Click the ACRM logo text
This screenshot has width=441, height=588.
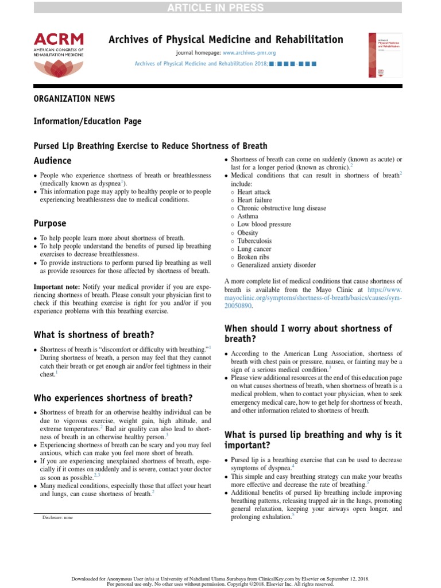[x=59, y=39]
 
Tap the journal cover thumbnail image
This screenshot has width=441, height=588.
[x=385, y=55]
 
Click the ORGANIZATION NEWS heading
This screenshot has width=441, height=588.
[x=74, y=99]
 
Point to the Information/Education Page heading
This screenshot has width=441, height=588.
[x=87, y=121]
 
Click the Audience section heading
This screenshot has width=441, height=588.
[x=52, y=161]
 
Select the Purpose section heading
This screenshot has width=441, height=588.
[x=50, y=223]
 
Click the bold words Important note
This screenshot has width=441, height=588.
[x=57, y=287]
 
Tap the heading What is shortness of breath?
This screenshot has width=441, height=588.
[x=94, y=334]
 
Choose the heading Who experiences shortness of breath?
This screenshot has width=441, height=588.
[x=113, y=397]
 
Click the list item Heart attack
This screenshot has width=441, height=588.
[x=254, y=192]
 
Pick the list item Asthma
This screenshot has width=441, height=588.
[x=247, y=216]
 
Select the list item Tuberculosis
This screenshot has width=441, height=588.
[x=254, y=241]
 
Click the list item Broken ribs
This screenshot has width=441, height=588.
[x=253, y=257]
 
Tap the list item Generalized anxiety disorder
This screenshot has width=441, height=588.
[x=276, y=265]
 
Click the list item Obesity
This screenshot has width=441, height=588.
[x=248, y=233]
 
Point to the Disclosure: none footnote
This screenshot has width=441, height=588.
[x=57, y=517]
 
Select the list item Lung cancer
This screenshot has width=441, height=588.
[x=254, y=249]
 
